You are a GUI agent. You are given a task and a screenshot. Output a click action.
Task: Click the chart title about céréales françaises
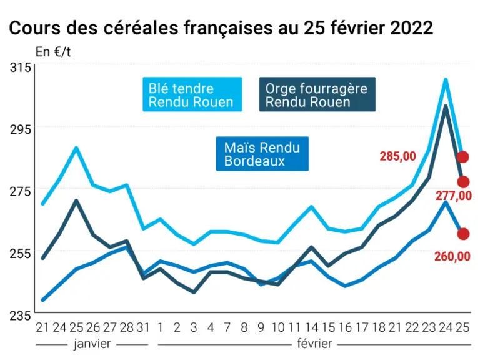point(221,28)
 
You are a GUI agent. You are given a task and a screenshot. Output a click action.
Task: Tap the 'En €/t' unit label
point(53,52)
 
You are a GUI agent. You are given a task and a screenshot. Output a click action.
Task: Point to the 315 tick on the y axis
point(21,67)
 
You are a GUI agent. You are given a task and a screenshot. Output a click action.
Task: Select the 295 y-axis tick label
point(21,129)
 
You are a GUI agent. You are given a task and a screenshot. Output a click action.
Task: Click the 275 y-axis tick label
point(21,192)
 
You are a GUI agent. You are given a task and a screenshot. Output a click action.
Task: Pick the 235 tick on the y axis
point(21,316)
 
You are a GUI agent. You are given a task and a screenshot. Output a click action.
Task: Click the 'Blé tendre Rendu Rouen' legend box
point(192,94)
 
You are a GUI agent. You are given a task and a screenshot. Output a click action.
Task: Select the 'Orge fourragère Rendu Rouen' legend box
point(317,94)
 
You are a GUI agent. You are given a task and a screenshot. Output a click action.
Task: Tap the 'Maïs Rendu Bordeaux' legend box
point(262,153)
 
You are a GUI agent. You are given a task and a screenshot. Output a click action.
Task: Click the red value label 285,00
point(397,156)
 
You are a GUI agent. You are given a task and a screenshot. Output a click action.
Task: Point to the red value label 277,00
point(453,196)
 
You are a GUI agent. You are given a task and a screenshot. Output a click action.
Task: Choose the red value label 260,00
point(452,257)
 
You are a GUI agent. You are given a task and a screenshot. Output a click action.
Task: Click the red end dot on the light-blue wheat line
point(463,157)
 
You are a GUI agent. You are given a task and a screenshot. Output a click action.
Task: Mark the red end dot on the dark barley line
point(463,182)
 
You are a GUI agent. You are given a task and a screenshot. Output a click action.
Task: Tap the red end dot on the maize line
point(463,234)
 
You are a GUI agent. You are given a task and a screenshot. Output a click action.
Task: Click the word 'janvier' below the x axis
point(92,344)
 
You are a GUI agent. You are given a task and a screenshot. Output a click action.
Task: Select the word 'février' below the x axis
point(314,344)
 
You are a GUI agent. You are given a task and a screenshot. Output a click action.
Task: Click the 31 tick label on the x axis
point(143,327)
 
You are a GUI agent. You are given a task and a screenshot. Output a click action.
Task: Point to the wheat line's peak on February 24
point(446,80)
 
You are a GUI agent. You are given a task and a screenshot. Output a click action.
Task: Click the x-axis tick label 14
point(311,327)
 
